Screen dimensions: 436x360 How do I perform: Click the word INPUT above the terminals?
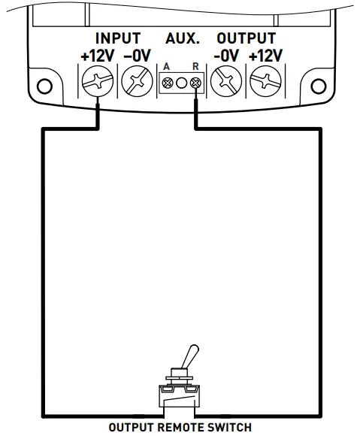(x=117, y=38)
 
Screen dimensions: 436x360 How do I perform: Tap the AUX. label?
(x=182, y=38)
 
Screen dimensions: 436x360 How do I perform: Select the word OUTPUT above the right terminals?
(x=246, y=38)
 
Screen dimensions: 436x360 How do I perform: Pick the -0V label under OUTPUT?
(x=225, y=56)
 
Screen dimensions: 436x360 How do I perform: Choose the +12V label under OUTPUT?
(x=265, y=56)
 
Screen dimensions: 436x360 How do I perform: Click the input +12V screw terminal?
(x=96, y=80)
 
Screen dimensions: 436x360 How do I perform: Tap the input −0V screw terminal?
(x=136, y=80)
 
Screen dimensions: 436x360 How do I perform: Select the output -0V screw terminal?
(x=225, y=80)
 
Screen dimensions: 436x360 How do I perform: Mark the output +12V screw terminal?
(x=264, y=80)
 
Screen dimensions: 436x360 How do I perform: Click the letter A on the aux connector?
(x=167, y=68)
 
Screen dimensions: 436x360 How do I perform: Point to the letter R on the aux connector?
(x=195, y=68)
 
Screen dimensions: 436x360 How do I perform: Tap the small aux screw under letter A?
(x=167, y=82)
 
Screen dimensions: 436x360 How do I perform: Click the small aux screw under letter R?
(x=195, y=82)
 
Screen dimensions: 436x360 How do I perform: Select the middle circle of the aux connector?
(x=181, y=82)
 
